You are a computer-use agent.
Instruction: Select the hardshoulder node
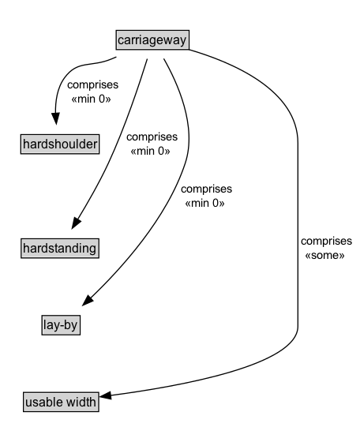[60, 144]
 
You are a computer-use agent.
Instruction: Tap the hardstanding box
[60, 248]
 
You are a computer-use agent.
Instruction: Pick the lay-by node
[60, 323]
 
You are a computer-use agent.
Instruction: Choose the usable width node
[60, 402]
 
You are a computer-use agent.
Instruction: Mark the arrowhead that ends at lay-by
[88, 302]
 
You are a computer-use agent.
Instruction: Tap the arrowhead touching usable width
[109, 396]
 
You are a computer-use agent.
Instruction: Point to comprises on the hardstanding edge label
[152, 137]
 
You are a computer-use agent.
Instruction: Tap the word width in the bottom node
[81, 402]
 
